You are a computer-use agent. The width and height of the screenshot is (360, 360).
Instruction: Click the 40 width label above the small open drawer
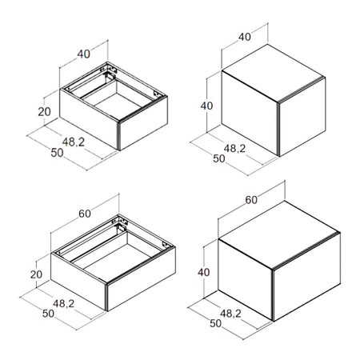click(x=84, y=54)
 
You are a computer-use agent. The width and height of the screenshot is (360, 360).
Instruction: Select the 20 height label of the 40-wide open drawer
click(x=44, y=111)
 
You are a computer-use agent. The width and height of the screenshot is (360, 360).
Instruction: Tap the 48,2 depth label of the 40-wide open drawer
click(x=74, y=142)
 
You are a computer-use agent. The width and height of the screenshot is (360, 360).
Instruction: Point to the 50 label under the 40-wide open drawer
click(x=57, y=153)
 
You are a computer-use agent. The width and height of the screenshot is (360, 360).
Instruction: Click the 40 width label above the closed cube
click(x=245, y=37)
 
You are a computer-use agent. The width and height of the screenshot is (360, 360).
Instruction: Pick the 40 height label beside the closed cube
click(x=206, y=106)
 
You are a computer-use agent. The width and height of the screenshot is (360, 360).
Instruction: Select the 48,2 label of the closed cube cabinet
click(x=234, y=148)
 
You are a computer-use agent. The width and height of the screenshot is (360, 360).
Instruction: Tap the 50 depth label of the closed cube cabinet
click(x=219, y=158)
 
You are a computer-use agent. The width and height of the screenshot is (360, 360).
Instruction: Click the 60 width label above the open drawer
click(x=85, y=214)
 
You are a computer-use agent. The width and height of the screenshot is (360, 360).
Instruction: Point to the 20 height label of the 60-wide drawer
click(x=36, y=274)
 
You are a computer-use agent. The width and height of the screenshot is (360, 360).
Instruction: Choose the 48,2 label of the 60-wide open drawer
click(x=63, y=303)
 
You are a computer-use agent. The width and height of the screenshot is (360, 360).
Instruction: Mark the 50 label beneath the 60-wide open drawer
click(x=48, y=314)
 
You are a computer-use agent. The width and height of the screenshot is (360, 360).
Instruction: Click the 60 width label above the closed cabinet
click(x=251, y=200)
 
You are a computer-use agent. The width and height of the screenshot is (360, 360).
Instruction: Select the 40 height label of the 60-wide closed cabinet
click(x=204, y=272)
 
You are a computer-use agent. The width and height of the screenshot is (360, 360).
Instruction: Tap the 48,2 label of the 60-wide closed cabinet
click(x=230, y=314)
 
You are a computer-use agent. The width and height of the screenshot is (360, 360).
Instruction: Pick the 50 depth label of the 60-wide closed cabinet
click(x=216, y=323)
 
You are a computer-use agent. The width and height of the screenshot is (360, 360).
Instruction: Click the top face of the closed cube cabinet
click(x=274, y=73)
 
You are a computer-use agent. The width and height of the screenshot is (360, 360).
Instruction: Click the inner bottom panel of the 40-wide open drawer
click(x=118, y=105)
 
